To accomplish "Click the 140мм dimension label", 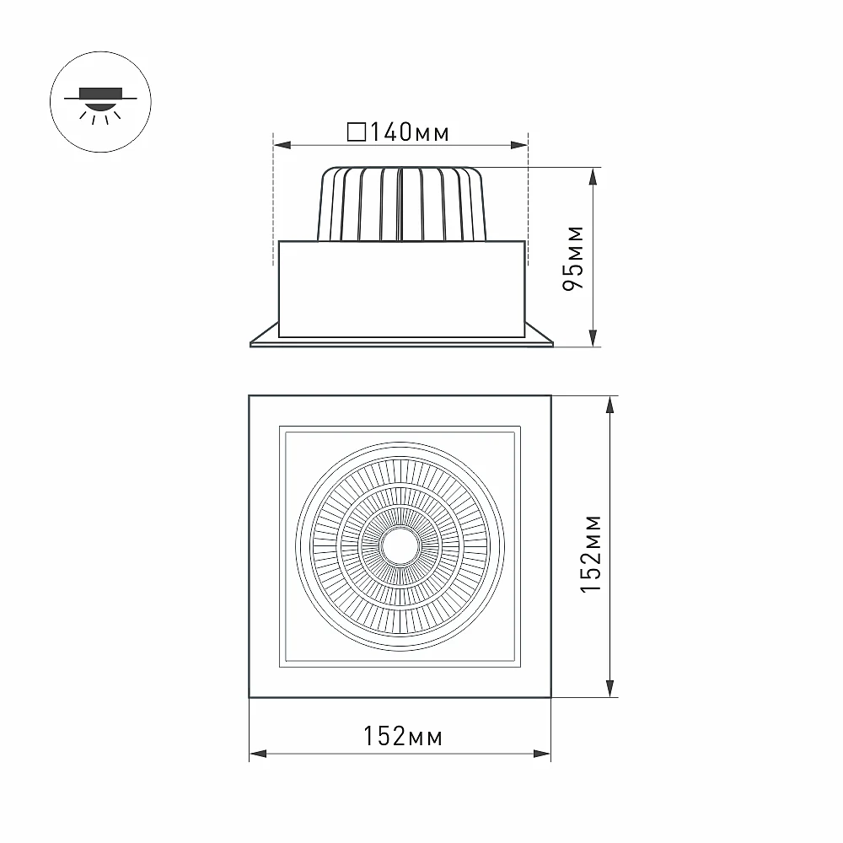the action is click(409, 132).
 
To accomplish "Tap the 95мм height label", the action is click(573, 258).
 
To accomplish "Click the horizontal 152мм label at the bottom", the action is click(403, 736).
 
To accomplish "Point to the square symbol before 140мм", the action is click(357, 132).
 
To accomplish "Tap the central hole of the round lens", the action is click(400, 545).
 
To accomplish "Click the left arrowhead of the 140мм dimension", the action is click(282, 145).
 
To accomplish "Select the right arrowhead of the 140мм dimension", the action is click(519, 145).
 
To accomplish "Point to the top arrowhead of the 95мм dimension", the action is click(593, 176).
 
